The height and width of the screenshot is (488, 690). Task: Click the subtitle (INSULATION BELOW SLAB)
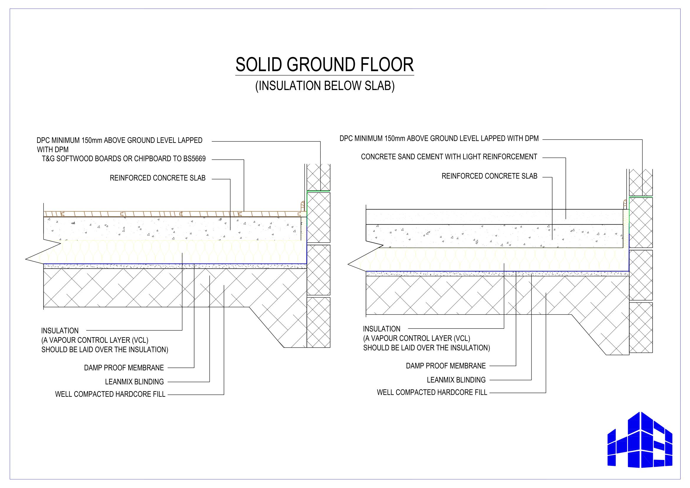tap(325, 86)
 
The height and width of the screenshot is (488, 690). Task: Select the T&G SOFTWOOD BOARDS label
tap(124, 159)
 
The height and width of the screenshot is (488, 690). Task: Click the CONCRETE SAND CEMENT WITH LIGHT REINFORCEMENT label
tap(449, 157)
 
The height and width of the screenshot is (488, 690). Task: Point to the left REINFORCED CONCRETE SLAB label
tap(158, 178)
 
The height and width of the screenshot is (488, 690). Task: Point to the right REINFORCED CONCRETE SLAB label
tap(489, 176)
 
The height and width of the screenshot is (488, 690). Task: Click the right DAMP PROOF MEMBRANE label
tap(446, 365)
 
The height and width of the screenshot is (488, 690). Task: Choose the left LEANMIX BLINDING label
tap(134, 381)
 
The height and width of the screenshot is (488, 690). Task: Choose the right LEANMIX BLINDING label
tap(456, 380)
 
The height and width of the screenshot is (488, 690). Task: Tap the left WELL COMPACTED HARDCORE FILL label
tap(110, 394)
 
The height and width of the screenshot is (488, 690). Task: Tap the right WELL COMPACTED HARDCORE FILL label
tap(432, 392)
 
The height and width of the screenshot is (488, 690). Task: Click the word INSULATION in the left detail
tap(60, 330)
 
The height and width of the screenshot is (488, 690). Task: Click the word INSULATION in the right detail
tap(382, 329)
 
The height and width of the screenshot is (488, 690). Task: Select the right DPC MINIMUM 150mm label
tap(439, 138)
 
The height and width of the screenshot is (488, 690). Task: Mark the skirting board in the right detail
tap(626, 205)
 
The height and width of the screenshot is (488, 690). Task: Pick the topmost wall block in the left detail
tap(318, 177)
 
